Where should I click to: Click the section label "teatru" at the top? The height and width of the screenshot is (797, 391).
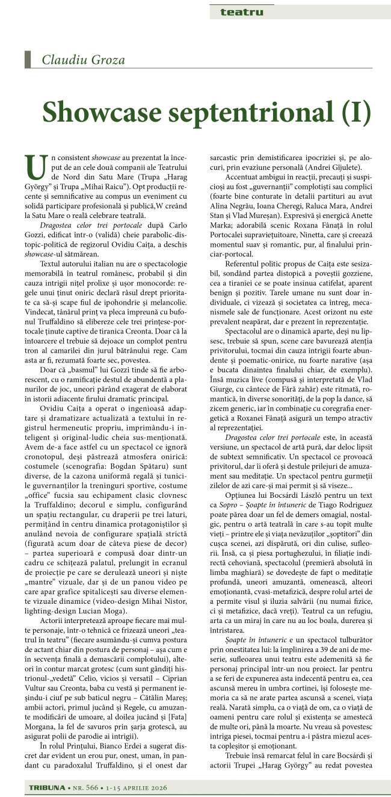click(241, 11)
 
